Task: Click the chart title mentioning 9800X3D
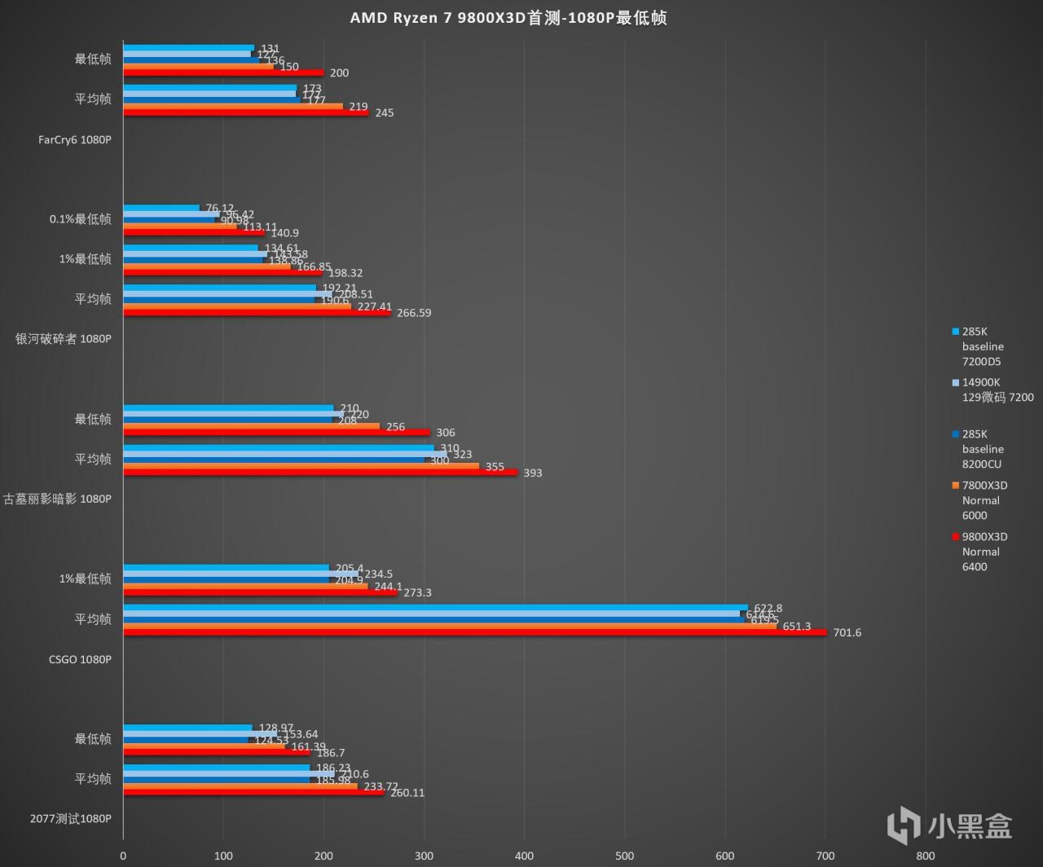(508, 18)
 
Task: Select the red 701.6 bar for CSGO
(474, 632)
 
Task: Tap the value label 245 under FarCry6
(384, 113)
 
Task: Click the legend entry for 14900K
(997, 389)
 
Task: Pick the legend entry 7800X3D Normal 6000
(984, 500)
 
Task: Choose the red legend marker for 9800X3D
(955, 537)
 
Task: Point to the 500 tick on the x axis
(625, 856)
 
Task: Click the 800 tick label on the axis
(925, 856)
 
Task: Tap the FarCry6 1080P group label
(74, 139)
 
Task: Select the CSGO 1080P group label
(80, 659)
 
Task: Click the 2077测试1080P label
(70, 818)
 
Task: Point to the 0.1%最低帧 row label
(80, 219)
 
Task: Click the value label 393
(532, 473)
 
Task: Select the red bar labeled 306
(276, 432)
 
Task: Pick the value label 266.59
(413, 313)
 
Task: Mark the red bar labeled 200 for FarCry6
(223, 73)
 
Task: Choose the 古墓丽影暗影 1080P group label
(57, 499)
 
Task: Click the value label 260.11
(407, 793)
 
